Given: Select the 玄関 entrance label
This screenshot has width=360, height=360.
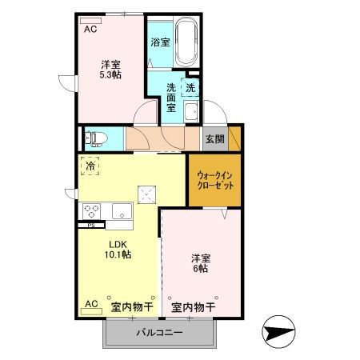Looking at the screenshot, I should click(214, 138).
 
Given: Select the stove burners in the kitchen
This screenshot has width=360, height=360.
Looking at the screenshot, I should click(91, 211).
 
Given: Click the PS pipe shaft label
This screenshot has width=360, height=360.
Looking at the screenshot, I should click(82, 225).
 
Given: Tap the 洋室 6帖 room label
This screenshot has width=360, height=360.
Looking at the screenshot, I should click(201, 264).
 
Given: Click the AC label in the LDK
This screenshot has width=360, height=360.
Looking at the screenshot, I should click(90, 304).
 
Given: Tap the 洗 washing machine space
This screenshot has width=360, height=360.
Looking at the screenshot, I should click(191, 89).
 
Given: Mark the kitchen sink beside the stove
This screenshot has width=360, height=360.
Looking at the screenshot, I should click(122, 212).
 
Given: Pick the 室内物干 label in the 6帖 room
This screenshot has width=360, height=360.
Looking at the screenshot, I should click(193, 307).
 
